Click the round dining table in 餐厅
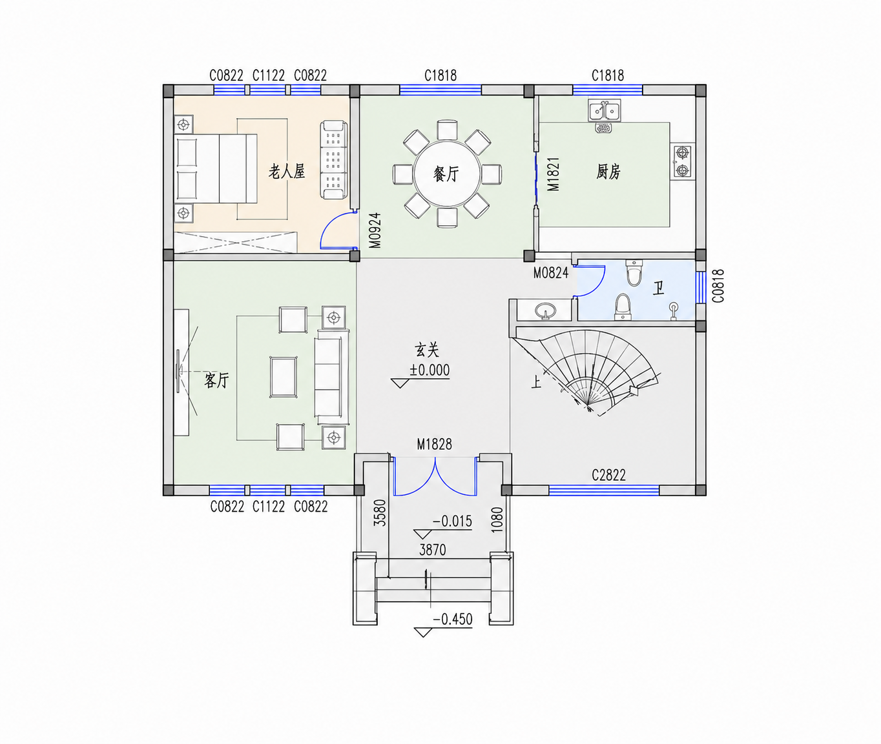(x=447, y=174)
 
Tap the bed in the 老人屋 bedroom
(x=216, y=168)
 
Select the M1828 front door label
(x=434, y=445)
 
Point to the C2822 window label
(x=608, y=476)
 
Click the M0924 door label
(x=375, y=230)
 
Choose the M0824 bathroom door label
(x=551, y=272)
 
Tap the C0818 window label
(x=718, y=286)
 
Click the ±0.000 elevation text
(x=430, y=370)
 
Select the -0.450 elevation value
(x=453, y=619)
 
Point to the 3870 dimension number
(x=433, y=550)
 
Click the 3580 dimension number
(x=379, y=513)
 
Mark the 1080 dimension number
(x=497, y=519)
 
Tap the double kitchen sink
(x=605, y=110)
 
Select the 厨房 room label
(x=608, y=172)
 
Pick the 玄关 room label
(x=427, y=350)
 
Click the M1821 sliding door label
(x=554, y=174)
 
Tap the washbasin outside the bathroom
(x=544, y=310)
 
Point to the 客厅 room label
(x=216, y=380)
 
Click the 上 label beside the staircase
(x=535, y=381)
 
